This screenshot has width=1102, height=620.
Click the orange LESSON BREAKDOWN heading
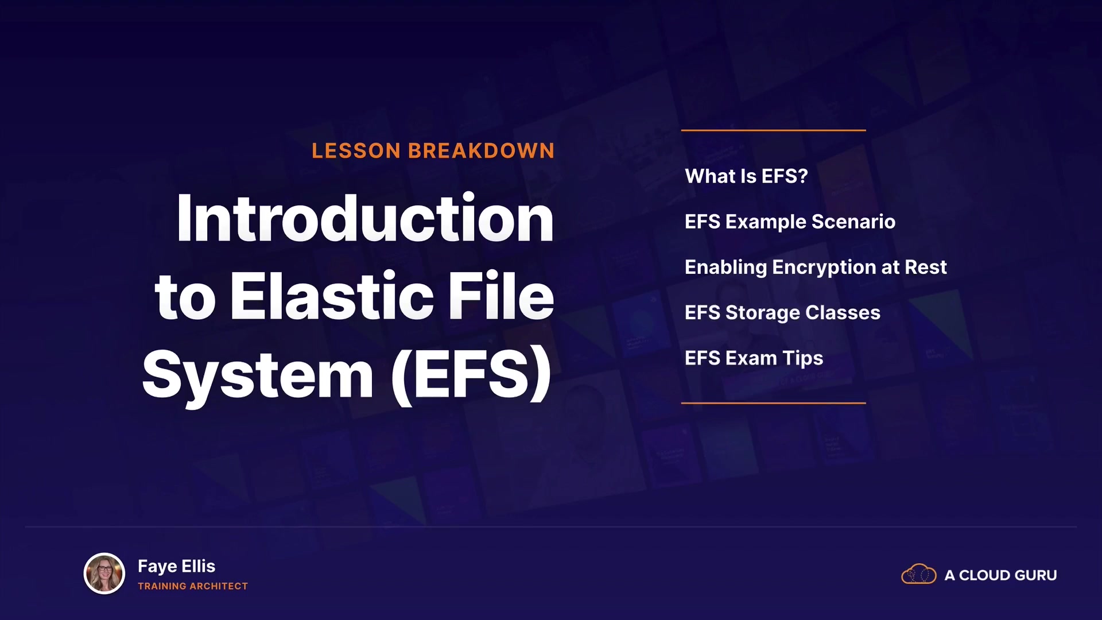[x=433, y=151]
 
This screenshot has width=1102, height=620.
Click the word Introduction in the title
[x=365, y=218]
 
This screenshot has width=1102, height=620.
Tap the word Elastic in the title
[x=332, y=296]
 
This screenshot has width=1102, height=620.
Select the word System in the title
[x=258, y=375]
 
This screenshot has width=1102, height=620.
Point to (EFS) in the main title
[x=471, y=375]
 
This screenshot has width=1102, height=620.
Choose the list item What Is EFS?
[x=746, y=176]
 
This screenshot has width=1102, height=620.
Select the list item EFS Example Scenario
[x=790, y=222]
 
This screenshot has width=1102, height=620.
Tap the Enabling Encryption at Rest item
[x=816, y=268]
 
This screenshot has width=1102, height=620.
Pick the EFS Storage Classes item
[x=782, y=313]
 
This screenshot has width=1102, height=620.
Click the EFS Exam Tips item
[x=754, y=359]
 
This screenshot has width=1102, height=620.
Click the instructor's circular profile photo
[x=104, y=573]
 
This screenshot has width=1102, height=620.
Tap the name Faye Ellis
[x=176, y=567]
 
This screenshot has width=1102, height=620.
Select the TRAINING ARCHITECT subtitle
[x=193, y=586]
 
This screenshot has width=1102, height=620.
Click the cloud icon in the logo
[x=919, y=574]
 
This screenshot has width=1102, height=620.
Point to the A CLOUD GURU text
[x=1000, y=575]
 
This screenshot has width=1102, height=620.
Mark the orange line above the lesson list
[x=774, y=130]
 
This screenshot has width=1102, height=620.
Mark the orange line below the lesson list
[x=774, y=403]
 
